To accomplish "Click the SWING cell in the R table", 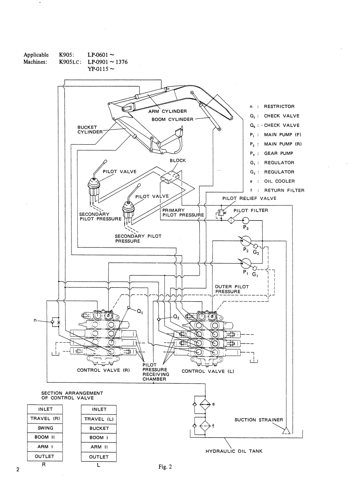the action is [45, 428].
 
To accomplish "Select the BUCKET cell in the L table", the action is [99, 428].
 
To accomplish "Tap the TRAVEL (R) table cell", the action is [45, 419].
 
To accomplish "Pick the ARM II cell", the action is [99, 447].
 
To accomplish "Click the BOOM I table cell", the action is [99, 438].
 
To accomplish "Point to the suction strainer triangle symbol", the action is [286, 431].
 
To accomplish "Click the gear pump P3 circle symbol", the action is [246, 220].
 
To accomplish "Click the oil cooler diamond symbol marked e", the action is [205, 405].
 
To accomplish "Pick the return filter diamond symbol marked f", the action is [205, 426].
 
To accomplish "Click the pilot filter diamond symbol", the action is [231, 220].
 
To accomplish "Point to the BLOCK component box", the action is [170, 177].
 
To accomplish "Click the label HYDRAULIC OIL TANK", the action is [234, 451].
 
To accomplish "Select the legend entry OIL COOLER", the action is [279, 181].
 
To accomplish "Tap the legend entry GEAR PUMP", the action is [279, 153].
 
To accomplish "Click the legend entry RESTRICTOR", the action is [279, 106].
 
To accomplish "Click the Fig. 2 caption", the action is [165, 467].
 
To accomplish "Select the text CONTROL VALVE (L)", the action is [208, 371].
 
